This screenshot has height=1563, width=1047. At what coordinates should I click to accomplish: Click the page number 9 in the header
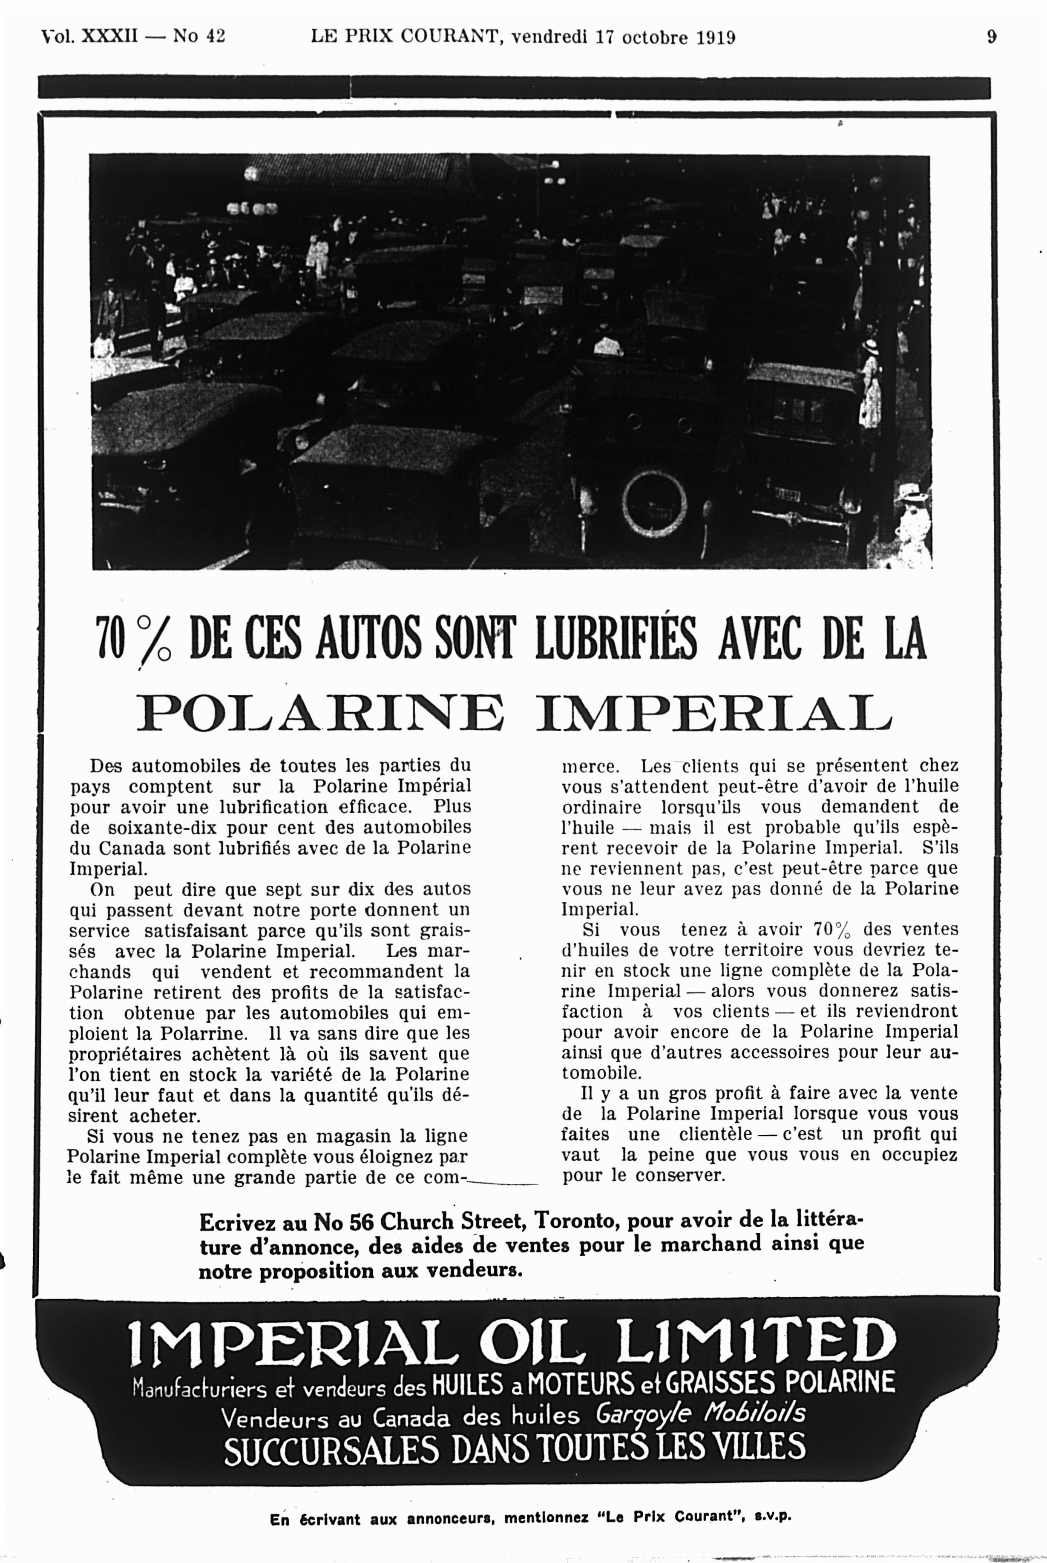992,37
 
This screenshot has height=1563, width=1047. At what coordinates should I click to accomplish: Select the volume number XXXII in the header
109,36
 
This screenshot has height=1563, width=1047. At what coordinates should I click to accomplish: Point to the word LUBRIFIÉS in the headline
616,638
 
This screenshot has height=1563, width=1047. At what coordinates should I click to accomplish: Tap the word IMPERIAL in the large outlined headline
714,713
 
